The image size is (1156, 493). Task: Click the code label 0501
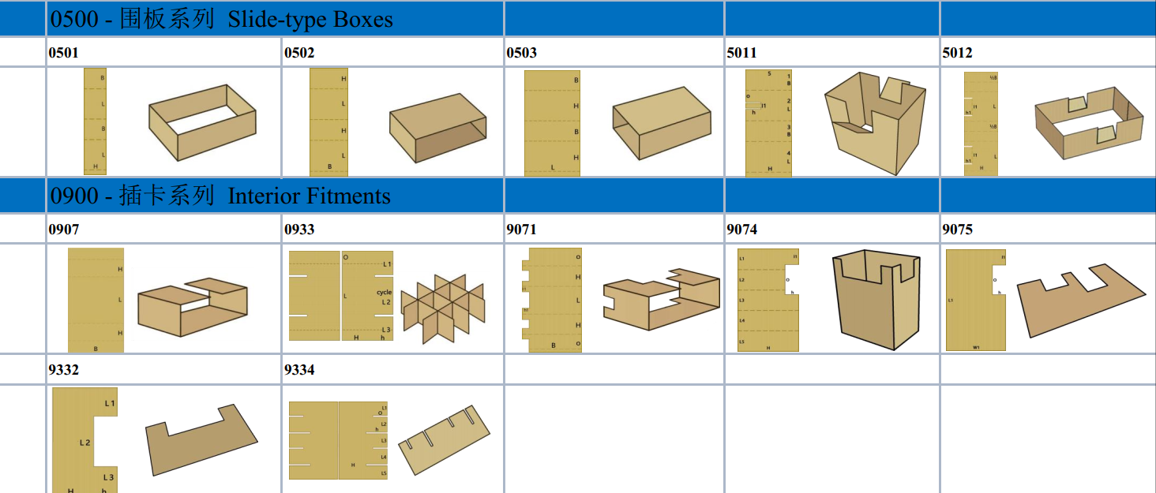63,53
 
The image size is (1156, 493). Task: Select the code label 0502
299,53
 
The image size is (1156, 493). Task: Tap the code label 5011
741,53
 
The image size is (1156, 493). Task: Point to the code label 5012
957,53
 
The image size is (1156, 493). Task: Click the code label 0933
299,230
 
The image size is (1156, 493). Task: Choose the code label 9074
741,230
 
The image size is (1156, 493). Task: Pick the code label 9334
299,370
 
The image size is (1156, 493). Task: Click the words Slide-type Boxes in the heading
310,19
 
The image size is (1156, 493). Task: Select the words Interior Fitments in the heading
309,196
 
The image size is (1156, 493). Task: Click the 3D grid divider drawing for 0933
442,307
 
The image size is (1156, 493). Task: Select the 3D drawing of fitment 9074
876,300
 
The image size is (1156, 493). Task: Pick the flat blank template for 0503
552,123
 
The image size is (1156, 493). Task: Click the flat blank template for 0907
96,300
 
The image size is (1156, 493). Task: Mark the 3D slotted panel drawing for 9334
445,441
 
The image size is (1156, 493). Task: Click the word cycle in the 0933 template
384,293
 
